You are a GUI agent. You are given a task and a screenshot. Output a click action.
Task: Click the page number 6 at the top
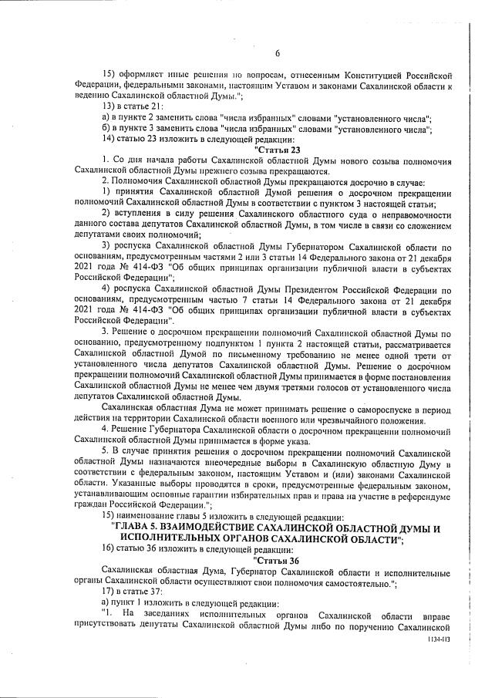275,54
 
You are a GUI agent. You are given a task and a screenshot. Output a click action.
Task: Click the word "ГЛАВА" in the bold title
136,528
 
